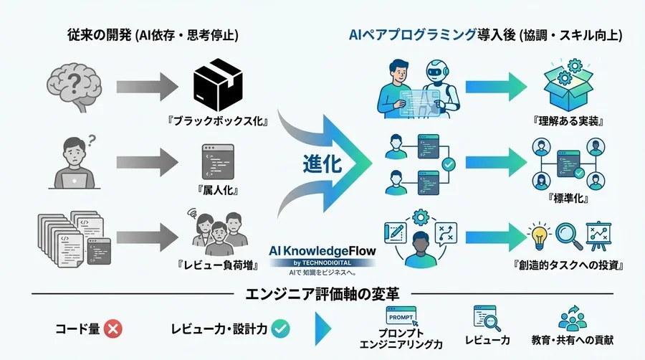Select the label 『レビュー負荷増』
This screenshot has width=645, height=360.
point(219,266)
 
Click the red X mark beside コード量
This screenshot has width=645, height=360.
point(113,328)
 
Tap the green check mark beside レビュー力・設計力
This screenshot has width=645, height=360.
point(280,328)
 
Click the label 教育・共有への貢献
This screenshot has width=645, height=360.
point(573,338)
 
